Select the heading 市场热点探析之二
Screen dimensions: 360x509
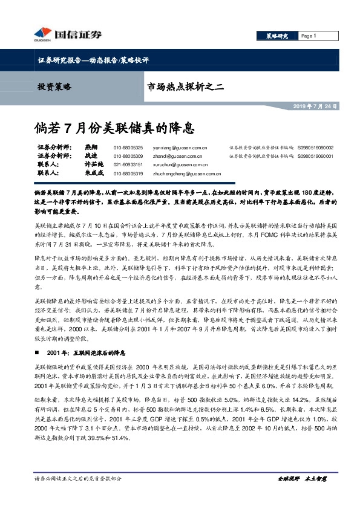(185, 86)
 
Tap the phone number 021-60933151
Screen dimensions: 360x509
(128, 164)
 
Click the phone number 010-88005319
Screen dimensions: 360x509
(128, 173)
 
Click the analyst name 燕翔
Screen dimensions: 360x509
(91, 147)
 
